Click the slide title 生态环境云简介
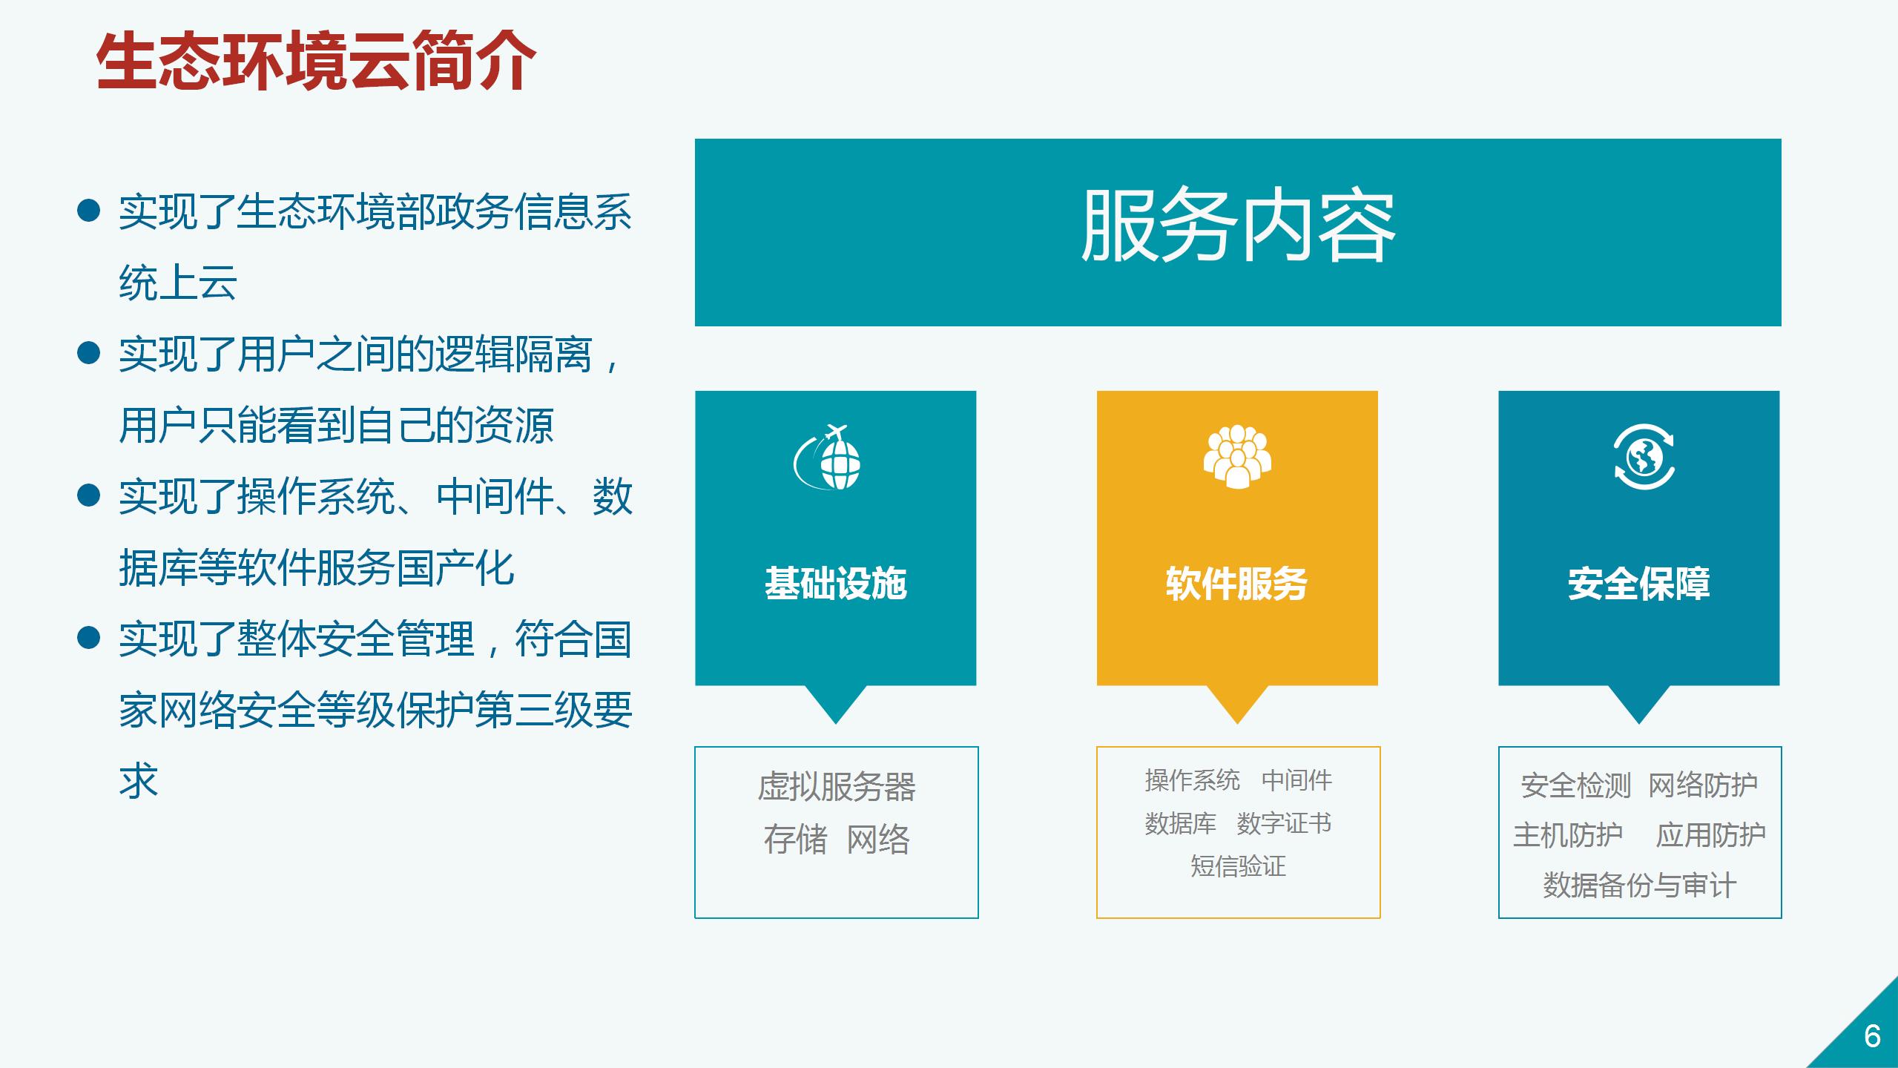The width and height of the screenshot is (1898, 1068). coord(316,61)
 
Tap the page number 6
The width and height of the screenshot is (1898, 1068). coord(1872,1036)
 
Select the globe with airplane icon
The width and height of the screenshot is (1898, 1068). coord(828,457)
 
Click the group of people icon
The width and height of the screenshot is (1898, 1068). coord(1237,457)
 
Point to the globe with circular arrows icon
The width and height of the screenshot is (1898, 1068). coord(1644,457)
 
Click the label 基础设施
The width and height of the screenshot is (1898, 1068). coord(836,583)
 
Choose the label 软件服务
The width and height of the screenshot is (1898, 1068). coord(1236,583)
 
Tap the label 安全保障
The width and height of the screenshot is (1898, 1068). coord(1639,583)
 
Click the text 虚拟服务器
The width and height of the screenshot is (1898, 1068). coord(837,786)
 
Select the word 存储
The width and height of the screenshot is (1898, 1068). coord(795,840)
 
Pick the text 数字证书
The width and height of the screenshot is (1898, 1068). coord(1284,823)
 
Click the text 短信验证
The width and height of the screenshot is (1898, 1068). coord(1238,866)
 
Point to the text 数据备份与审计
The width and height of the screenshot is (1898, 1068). coord(1639,886)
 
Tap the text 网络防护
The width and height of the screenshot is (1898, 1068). coord(1703,785)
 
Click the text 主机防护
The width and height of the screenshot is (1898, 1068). coord(1568,835)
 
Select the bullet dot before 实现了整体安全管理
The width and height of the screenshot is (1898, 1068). coord(88,638)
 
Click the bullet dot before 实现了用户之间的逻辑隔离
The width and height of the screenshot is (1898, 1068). coord(88,353)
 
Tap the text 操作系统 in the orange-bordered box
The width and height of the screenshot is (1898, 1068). coord(1192,780)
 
